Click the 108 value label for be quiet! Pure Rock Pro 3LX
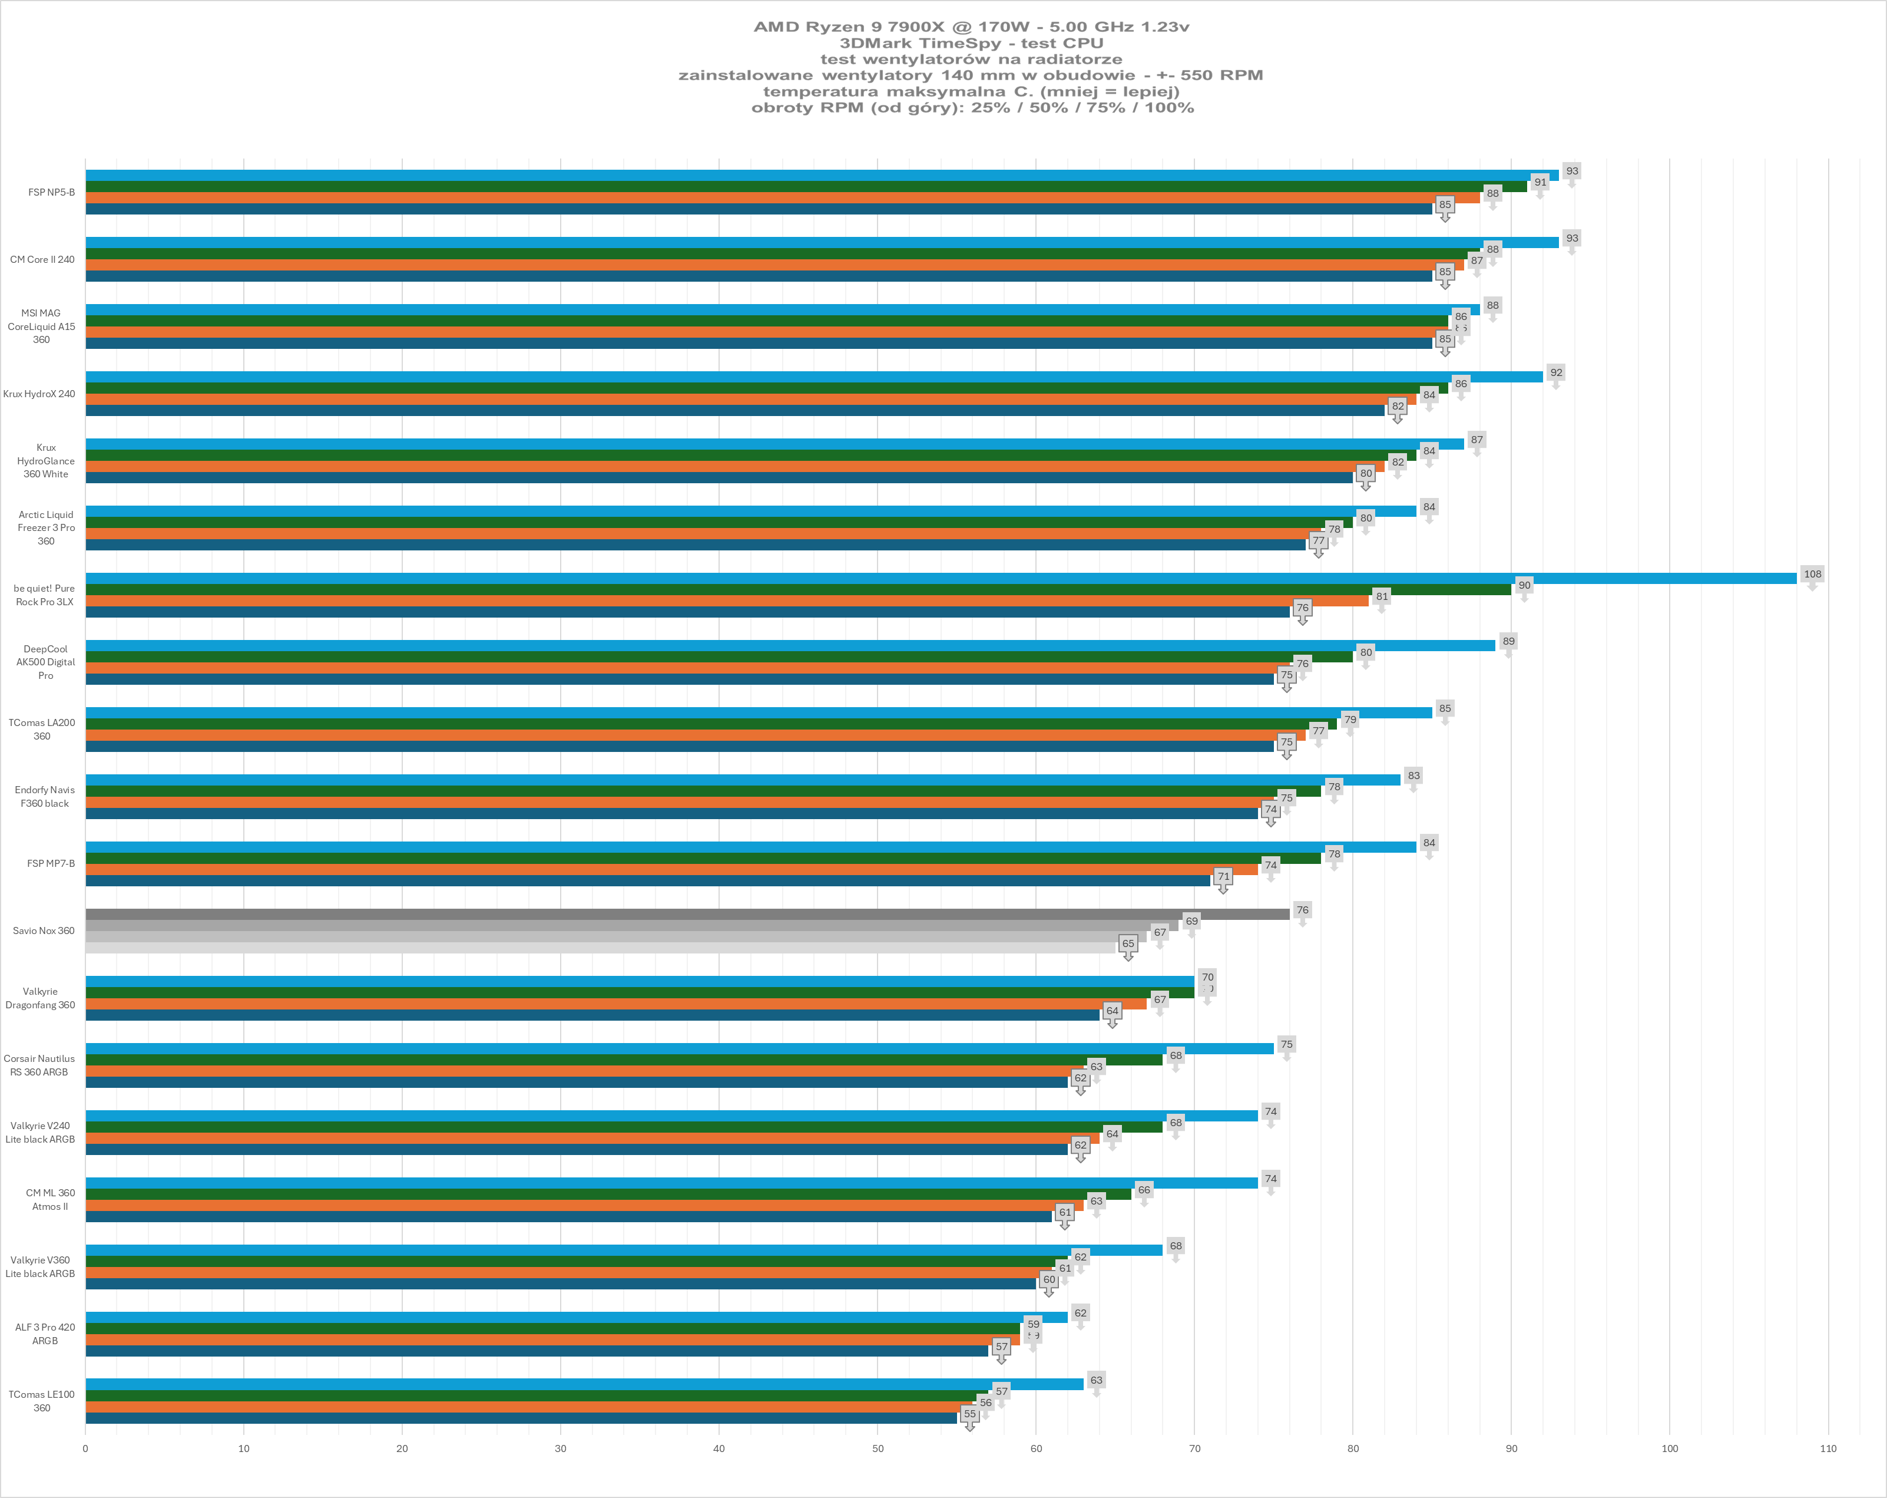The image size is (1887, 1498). point(1812,575)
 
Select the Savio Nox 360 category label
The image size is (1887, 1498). point(44,931)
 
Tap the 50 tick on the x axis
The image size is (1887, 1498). point(878,1448)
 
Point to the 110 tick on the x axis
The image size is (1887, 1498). point(1828,1448)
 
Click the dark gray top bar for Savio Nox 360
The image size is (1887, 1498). point(687,914)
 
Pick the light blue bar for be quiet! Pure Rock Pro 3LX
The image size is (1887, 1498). point(941,578)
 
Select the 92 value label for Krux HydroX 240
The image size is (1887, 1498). point(1556,373)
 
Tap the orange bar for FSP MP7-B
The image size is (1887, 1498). point(671,869)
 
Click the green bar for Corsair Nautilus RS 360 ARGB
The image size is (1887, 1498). point(623,1060)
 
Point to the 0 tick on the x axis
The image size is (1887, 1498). point(86,1448)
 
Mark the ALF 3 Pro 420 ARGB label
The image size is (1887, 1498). point(45,1334)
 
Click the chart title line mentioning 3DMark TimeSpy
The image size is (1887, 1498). point(972,43)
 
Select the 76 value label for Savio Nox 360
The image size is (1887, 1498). point(1302,910)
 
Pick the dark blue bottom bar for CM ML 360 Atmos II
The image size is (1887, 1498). point(568,1217)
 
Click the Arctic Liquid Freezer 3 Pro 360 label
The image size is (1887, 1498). point(45,528)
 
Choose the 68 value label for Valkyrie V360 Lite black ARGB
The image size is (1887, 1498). point(1176,1246)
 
